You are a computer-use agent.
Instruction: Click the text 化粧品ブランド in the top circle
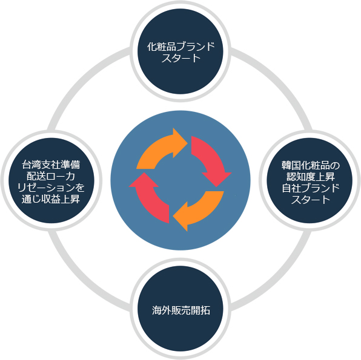(x=180, y=47)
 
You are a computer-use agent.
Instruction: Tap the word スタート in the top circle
(x=180, y=58)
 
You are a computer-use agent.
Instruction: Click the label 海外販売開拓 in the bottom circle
(x=180, y=310)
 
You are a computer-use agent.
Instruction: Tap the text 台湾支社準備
(x=51, y=165)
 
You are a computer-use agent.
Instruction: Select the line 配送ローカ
(x=51, y=176)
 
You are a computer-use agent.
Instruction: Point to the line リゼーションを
(x=51, y=188)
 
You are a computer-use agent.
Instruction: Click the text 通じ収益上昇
(x=51, y=199)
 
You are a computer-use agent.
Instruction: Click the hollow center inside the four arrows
(x=180, y=180)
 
